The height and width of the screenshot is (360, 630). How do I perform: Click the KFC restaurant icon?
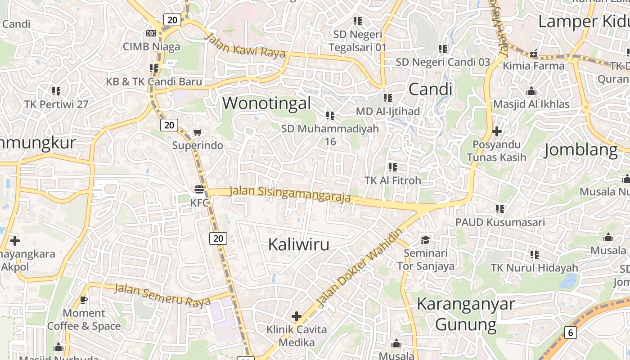pos(200,189)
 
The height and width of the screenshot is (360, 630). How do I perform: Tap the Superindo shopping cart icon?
pos(197,132)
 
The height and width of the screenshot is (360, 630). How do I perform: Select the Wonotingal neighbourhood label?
pos(266,103)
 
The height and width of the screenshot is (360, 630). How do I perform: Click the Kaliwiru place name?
pos(299,244)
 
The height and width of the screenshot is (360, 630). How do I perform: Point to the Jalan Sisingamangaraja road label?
pos(290,194)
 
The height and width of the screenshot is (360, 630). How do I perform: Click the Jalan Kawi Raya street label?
pos(245,45)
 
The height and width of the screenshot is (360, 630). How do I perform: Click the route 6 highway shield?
pos(571,333)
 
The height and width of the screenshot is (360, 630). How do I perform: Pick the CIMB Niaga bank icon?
pos(151,33)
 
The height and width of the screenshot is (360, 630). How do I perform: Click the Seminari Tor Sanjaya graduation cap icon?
pos(425,239)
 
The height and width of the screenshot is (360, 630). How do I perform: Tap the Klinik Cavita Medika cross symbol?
pos(296,316)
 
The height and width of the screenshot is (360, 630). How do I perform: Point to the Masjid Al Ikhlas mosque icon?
pos(531,91)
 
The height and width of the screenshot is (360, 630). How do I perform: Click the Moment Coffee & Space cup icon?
pos(83,299)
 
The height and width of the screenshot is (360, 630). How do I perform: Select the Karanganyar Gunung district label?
pos(466,314)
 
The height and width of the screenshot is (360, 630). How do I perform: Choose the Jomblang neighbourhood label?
pos(580,150)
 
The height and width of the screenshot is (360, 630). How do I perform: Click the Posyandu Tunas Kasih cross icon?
pos(497,131)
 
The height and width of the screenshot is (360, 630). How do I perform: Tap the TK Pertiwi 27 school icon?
pos(56,91)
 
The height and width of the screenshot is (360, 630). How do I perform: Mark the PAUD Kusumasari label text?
pos(500,222)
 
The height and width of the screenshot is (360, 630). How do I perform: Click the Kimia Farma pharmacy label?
pos(533,66)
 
